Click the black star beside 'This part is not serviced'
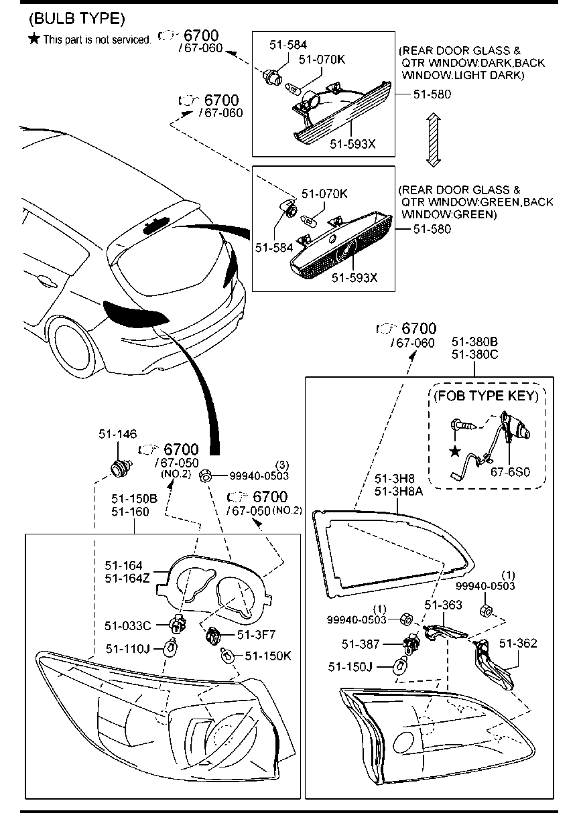pyautogui.click(x=34, y=40)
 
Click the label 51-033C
pyautogui.click(x=127, y=625)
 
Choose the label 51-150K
pyautogui.click(x=267, y=656)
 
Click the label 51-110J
pyautogui.click(x=128, y=648)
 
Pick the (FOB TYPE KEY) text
pyautogui.click(x=486, y=396)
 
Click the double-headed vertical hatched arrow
pyautogui.click(x=433, y=140)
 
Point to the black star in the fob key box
pyautogui.click(x=455, y=451)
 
